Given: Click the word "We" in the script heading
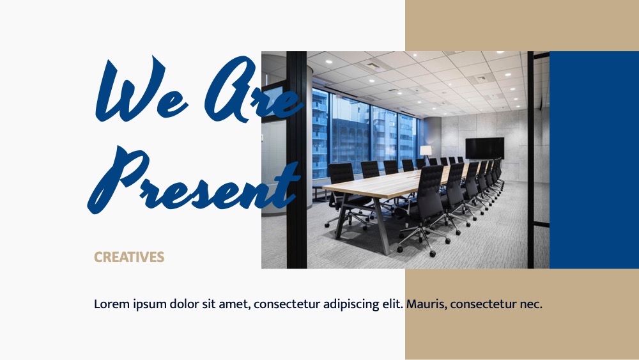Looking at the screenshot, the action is (141, 90).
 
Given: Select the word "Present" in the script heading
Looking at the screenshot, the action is (194, 180).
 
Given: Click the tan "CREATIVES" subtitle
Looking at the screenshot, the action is (129, 257).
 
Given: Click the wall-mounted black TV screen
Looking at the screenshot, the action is (484, 148).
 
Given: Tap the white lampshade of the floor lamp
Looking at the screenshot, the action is (426, 150).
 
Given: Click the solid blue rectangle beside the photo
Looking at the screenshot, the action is (594, 160).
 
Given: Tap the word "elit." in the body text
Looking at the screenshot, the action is (392, 304).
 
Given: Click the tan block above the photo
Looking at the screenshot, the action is (522, 26).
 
